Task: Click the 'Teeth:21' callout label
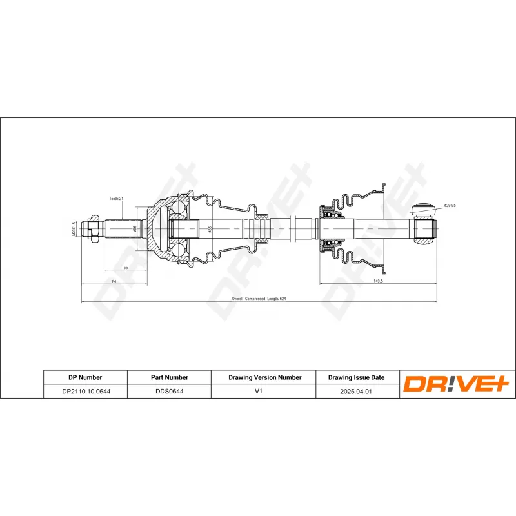click(x=116, y=199)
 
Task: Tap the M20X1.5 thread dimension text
click(x=75, y=229)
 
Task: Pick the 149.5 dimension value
click(x=378, y=281)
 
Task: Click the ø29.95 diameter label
click(x=450, y=206)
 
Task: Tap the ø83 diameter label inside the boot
click(x=210, y=229)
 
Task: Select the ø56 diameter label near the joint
click(x=134, y=229)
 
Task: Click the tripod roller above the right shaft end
click(x=422, y=208)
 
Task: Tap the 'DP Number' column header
click(x=85, y=377)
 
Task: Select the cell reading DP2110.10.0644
click(x=85, y=391)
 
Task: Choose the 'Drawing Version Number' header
click(x=265, y=377)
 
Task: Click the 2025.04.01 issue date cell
click(x=356, y=391)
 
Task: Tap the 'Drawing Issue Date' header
click(x=356, y=377)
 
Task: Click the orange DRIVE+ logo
click(x=457, y=384)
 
